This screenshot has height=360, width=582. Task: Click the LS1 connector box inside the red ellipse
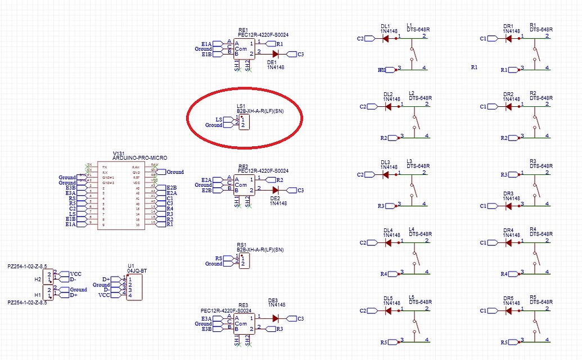[x=243, y=122]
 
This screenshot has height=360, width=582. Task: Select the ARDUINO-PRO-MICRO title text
[x=140, y=158]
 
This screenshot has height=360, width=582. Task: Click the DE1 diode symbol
[x=276, y=54]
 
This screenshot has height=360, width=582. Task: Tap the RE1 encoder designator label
[x=243, y=29]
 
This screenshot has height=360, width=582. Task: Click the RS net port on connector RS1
[x=228, y=258]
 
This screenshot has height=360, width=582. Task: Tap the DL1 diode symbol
[x=386, y=38]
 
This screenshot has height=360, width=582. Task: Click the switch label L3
[x=409, y=161]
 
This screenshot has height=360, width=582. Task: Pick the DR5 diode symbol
[x=508, y=310]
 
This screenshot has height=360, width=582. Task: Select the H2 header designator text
[x=38, y=279]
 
